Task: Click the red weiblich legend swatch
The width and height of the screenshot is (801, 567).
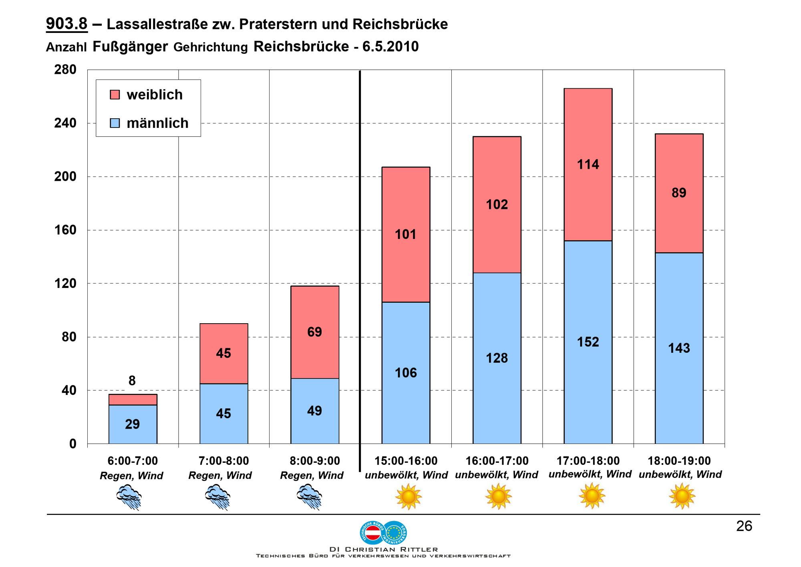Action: pos(115,95)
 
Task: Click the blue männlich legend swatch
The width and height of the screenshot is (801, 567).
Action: pos(115,123)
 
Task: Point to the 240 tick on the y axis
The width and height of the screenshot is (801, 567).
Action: pos(65,123)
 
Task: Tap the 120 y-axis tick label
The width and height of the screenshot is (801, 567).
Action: pos(65,283)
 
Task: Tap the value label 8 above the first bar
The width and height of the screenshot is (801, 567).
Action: pos(132,381)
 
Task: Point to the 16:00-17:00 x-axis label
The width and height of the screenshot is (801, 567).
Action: pos(497,461)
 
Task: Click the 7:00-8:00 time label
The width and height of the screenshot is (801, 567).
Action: pos(223,461)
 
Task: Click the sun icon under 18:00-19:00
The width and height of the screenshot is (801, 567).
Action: pos(682,496)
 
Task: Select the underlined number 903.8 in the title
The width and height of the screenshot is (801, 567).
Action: pos(66,24)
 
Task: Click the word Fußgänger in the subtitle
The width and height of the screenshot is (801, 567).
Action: pos(130,47)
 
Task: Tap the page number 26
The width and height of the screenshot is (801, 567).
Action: pos(744,526)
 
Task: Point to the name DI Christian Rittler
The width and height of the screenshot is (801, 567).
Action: pos(383,549)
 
